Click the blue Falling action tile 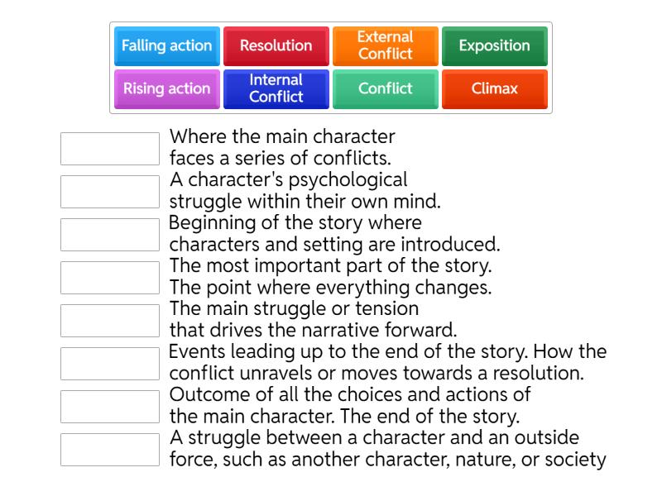166,46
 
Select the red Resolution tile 276,46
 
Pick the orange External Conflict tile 385,46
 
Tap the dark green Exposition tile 494,46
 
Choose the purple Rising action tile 166,89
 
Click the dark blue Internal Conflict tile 276,89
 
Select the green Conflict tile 385,89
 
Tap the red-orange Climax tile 494,89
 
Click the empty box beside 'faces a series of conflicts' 110,149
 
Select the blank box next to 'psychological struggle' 110,192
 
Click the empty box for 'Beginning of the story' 110,235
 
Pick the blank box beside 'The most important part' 110,278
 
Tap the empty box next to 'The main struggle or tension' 110,321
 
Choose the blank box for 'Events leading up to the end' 110,364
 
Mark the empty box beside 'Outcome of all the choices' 110,407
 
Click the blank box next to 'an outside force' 110,450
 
